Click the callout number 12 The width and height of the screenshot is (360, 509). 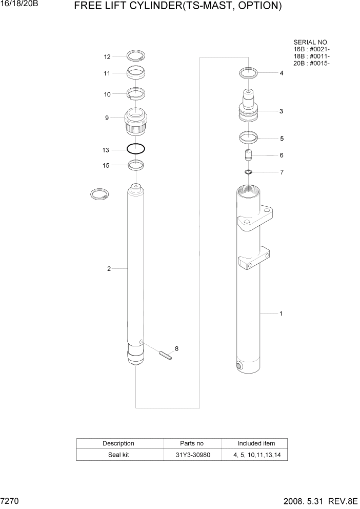[107, 57]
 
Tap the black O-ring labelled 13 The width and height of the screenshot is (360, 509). [136, 149]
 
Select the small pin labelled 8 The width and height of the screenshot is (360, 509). [165, 355]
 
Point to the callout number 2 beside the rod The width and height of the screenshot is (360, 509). [109, 268]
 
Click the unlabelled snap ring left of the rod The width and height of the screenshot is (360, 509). [99, 195]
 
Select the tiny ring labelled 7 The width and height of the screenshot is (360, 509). [248, 172]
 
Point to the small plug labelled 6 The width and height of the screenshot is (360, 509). [248, 154]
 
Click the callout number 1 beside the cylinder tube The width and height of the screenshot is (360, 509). [281, 313]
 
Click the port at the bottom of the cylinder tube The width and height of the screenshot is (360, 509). [240, 366]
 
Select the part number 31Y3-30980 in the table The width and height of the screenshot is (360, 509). [192, 455]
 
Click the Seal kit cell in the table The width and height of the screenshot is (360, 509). [119, 455]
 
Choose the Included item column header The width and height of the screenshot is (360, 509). [255, 443]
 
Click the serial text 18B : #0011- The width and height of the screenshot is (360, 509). [311, 56]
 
